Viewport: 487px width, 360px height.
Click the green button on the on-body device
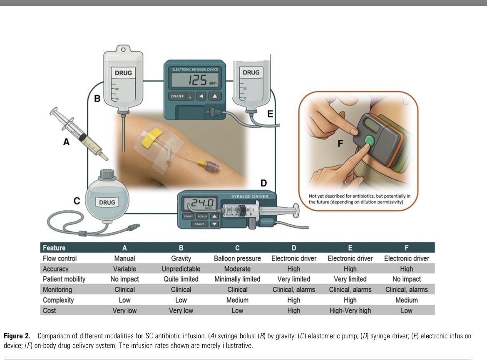(368, 140)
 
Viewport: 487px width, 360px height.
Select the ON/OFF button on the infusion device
(176, 96)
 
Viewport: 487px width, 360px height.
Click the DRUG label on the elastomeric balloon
(107, 203)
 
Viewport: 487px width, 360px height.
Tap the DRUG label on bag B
(123, 73)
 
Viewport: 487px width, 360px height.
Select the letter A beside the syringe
(66, 142)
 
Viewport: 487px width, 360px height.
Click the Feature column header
(54, 248)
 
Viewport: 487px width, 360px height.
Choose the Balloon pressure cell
(237, 258)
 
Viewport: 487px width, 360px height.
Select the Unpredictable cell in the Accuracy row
(181, 269)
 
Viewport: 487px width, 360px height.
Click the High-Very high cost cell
(350, 310)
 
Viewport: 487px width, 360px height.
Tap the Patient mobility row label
(64, 279)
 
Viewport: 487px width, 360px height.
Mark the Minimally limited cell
(237, 279)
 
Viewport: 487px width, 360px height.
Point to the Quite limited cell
(181, 279)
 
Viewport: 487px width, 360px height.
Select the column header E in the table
(350, 248)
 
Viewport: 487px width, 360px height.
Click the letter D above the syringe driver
(263, 183)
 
